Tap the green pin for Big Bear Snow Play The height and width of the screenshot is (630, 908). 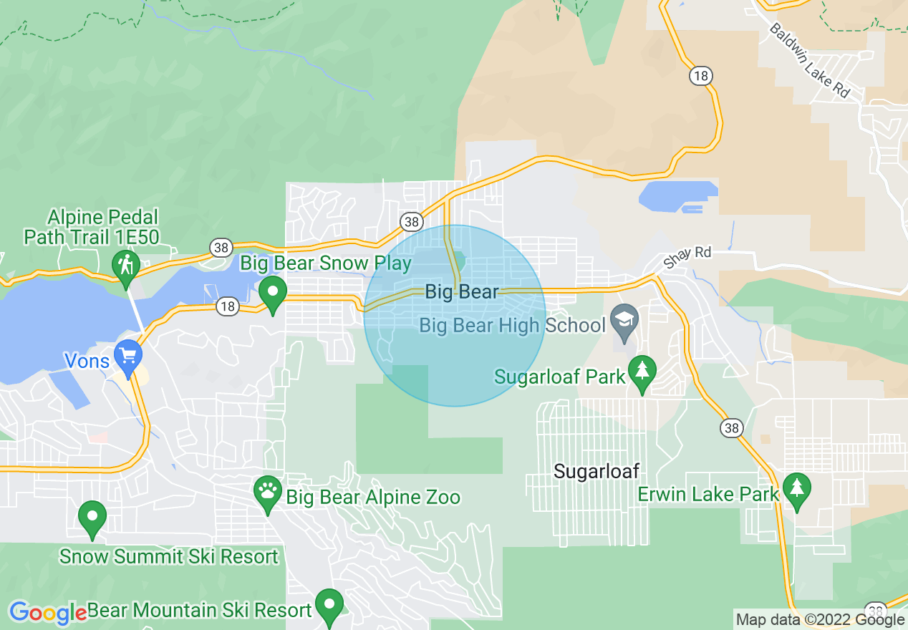click(x=272, y=292)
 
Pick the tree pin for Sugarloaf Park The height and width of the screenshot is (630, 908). click(x=642, y=370)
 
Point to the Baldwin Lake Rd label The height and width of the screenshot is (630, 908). click(x=811, y=60)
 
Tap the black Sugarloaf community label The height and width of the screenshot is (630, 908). click(x=597, y=471)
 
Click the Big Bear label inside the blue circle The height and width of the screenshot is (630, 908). click(x=462, y=291)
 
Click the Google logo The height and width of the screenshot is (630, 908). click(x=47, y=613)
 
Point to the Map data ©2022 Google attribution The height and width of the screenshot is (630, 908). click(x=821, y=620)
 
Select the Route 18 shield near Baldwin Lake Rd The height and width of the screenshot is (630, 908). click(x=700, y=74)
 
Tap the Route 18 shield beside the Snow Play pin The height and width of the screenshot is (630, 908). click(x=227, y=306)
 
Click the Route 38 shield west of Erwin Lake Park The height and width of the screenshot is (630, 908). click(x=731, y=428)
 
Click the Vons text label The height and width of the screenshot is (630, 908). click(x=87, y=361)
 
